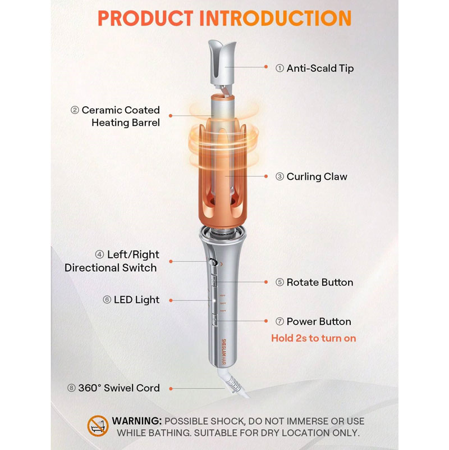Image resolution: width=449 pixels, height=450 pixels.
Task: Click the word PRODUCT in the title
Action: pyautogui.click(x=145, y=19)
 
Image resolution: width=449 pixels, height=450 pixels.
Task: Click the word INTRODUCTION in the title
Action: pyautogui.click(x=275, y=19)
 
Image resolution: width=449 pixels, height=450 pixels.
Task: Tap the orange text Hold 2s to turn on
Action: pyautogui.click(x=313, y=338)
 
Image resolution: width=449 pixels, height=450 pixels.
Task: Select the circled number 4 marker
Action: pyautogui.click(x=99, y=254)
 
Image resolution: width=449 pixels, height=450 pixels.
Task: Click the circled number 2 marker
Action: pyautogui.click(x=75, y=110)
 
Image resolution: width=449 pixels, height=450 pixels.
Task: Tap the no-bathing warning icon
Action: pyautogui.click(x=98, y=426)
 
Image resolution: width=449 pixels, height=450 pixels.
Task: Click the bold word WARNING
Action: pyautogui.click(x=137, y=421)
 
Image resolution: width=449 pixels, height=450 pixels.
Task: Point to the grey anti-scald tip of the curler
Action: pyautogui.click(x=222, y=62)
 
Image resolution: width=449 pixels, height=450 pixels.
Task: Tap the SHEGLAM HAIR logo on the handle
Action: pyautogui.click(x=223, y=352)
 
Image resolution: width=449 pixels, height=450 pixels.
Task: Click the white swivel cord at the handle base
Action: pyautogui.click(x=233, y=382)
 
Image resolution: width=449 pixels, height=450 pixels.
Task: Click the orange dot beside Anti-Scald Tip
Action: pyautogui.click(x=266, y=67)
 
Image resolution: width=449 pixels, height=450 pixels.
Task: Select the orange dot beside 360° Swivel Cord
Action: pyautogui.click(x=171, y=389)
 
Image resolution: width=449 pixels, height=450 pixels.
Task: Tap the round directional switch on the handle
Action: pyautogui.click(x=213, y=262)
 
